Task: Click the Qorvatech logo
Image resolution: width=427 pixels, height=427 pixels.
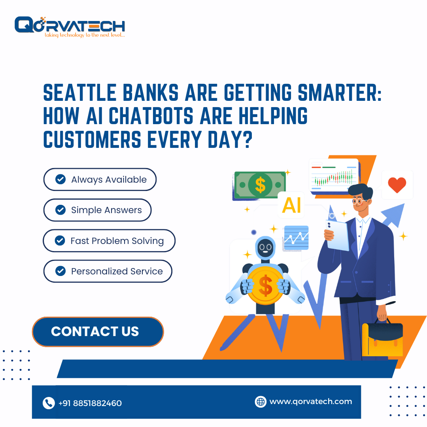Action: tap(70, 27)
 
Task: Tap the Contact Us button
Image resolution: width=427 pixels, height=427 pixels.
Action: tap(98, 332)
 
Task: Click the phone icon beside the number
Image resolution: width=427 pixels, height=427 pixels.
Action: tap(49, 403)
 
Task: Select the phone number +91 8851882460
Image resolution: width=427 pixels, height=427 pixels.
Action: tap(90, 403)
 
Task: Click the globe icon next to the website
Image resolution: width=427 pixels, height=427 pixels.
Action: tap(261, 402)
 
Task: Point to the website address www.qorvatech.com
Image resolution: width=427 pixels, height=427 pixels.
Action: tap(311, 402)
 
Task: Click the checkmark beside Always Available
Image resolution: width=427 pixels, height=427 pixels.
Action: tap(60, 179)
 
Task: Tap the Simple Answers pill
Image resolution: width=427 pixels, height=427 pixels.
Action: tap(97, 210)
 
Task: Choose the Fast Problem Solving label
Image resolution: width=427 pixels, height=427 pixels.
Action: tap(117, 241)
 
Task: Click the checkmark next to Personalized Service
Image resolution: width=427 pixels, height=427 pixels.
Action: tap(60, 271)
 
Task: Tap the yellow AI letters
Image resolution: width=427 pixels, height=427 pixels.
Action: tap(291, 205)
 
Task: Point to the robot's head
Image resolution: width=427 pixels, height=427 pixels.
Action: tap(265, 248)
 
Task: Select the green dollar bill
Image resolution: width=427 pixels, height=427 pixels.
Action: tap(260, 185)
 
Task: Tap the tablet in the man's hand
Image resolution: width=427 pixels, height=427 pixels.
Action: tap(338, 235)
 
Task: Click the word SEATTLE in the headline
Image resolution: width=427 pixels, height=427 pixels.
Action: tap(80, 93)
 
